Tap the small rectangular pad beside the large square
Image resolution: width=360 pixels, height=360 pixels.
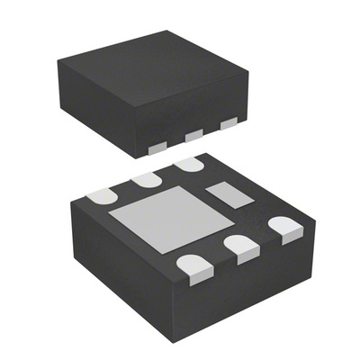click(x=225, y=194)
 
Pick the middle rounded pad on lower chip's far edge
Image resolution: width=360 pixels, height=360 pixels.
click(x=146, y=179)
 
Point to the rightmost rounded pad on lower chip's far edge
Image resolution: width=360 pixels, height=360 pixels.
click(x=189, y=165)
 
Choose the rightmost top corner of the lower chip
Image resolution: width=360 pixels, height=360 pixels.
click(x=314, y=219)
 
